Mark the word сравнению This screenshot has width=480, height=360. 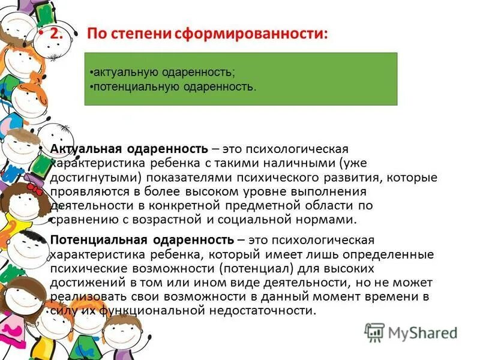[x=82, y=220]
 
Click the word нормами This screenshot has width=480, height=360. [x=331, y=220]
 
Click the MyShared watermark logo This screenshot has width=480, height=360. [x=412, y=332]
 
